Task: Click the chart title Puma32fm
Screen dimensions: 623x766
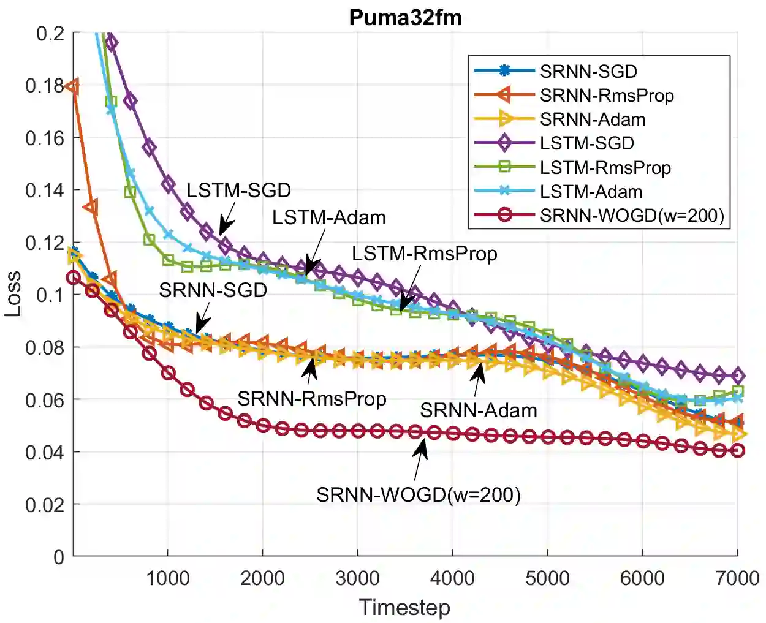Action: click(x=405, y=17)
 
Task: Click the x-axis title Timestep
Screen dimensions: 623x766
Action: click(x=404, y=607)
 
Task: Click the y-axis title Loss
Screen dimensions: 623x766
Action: click(x=13, y=293)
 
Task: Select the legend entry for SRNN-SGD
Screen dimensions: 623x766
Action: click(x=588, y=71)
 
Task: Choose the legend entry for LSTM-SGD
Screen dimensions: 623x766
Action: click(x=586, y=143)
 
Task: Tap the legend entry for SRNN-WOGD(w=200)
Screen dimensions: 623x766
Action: click(x=632, y=215)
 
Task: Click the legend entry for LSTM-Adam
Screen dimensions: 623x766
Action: click(x=591, y=192)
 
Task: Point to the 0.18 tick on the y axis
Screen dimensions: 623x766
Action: click(x=45, y=86)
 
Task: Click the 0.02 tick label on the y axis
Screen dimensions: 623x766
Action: click(x=45, y=505)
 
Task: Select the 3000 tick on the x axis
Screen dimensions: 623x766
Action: click(x=358, y=578)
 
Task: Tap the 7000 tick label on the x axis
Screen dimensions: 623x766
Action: click(x=737, y=578)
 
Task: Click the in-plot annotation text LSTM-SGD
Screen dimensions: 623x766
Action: click(x=238, y=191)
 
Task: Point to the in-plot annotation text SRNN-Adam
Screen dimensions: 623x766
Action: click(x=478, y=410)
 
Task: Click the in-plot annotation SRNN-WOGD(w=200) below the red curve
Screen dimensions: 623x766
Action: click(x=419, y=494)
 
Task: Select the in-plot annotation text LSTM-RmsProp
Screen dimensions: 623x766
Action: click(x=424, y=254)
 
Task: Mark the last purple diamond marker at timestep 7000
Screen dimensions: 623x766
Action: click(x=738, y=376)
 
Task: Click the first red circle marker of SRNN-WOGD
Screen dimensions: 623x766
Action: click(x=74, y=278)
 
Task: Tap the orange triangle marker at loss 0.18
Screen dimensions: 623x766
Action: click(x=73, y=86)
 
